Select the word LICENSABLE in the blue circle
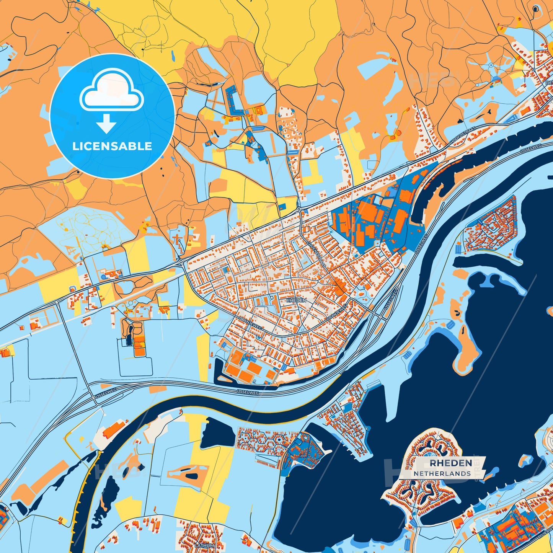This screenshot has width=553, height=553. [x=112, y=146]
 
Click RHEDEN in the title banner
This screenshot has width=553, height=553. [x=450, y=463]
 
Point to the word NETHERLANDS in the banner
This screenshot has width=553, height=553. [x=442, y=474]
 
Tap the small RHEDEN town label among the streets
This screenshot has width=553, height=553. [x=296, y=301]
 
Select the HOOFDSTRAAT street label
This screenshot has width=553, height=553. [x=463, y=137]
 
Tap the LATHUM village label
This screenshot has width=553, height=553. [x=204, y=545]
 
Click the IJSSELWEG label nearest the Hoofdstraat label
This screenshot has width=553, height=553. [x=530, y=148]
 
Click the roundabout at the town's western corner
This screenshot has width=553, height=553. [x=181, y=262]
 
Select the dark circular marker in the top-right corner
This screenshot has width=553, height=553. [x=535, y=9]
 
